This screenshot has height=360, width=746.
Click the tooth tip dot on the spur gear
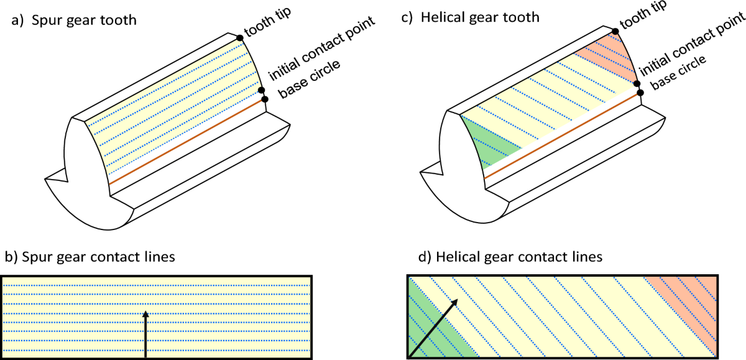point(240,38)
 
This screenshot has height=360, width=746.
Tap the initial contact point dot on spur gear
point(262,90)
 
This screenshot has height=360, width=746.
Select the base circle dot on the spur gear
point(265,99)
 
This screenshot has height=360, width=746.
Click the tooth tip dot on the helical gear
point(615,31)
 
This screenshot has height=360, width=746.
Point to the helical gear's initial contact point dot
point(637,83)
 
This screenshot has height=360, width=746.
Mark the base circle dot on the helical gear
point(640,93)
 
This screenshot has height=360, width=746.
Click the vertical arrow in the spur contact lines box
point(145,335)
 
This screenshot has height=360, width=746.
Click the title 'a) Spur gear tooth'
point(74,21)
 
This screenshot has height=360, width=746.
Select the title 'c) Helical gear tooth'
point(470,17)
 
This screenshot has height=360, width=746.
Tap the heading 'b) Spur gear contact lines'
point(90,257)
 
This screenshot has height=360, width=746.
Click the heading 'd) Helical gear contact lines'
point(510,257)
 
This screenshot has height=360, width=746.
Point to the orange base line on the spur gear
point(186,142)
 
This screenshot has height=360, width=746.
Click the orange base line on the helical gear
point(562,136)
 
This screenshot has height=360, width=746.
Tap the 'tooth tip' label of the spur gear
point(268,22)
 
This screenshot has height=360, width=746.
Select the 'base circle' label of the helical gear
point(678,72)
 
